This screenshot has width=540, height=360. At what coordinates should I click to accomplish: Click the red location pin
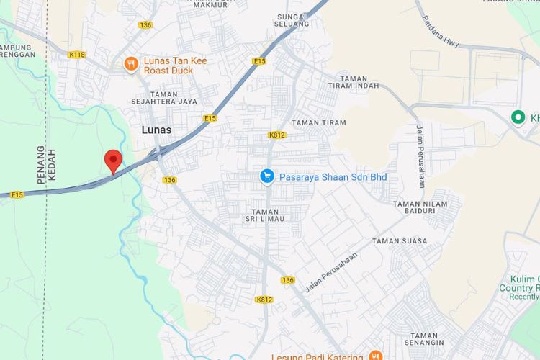point(112,160)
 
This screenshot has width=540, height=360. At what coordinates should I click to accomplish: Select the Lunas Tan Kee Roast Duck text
point(175,66)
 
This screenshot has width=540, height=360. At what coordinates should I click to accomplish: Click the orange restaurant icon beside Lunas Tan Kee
point(131,64)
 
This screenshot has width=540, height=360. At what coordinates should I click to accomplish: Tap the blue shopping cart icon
point(267,176)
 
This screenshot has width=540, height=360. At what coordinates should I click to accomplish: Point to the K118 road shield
point(77,54)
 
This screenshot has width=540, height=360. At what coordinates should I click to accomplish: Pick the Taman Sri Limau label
point(264,214)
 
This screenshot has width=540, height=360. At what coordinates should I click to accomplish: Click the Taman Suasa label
point(399,241)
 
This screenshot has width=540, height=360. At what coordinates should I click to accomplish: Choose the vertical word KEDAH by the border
point(53,166)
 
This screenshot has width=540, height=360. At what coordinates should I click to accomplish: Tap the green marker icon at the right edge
point(517,117)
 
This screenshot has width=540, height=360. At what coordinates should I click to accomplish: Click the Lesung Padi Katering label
point(317,356)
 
